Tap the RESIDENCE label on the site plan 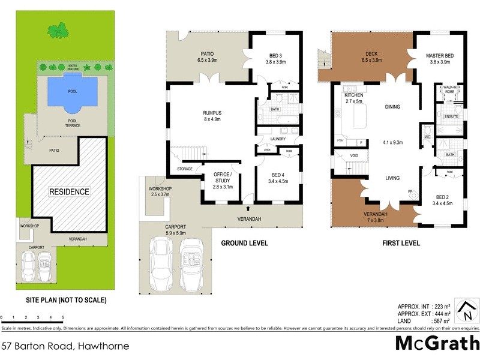coord(70,192)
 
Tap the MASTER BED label coord(440,56)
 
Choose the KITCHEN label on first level coord(353,95)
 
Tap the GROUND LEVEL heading coord(245,244)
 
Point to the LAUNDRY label coord(277,139)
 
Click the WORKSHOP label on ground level coord(160,189)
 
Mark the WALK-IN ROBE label coord(449,90)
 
